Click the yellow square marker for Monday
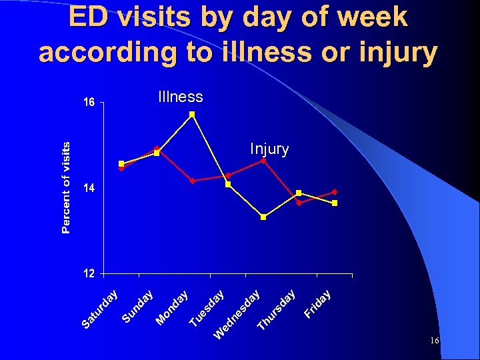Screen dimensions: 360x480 pos(192,115)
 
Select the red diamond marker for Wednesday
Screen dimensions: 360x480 pos(263,161)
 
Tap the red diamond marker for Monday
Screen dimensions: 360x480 pos(192,181)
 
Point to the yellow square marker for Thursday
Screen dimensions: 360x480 pos(299,193)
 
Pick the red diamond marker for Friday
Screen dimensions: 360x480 pos(335,192)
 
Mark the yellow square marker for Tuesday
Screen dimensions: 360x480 pos(228,184)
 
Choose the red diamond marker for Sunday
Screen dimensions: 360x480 pos(157,149)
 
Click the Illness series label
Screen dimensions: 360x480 pos(181,97)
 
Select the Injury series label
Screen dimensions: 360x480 pos(269,149)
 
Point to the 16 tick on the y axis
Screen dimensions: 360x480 pos(89,103)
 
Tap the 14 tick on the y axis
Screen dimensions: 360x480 pos(89,189)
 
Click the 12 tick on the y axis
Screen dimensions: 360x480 pos(89,273)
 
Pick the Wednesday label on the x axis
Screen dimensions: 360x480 pos(237,313)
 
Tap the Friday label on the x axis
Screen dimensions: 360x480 pos(319,303)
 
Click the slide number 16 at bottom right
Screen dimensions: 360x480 pos(434,341)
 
